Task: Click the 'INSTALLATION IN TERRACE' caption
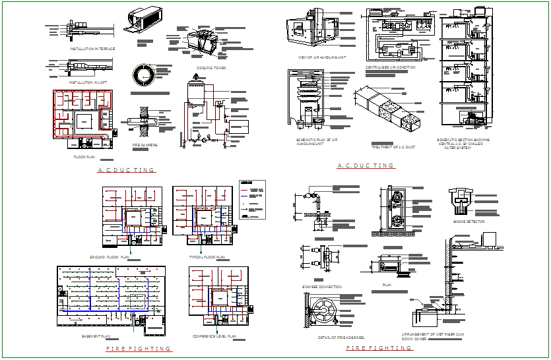pos(92,49)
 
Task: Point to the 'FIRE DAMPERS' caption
pos(145,144)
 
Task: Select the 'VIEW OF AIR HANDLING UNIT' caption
pos(322,57)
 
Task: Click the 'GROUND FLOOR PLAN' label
pos(111,256)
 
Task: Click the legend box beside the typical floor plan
pos(253,199)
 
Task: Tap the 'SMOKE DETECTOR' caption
pos(469,222)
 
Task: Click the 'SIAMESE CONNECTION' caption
pos(322,287)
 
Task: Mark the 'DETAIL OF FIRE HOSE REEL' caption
pos(342,337)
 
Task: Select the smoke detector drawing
pos(461,200)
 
